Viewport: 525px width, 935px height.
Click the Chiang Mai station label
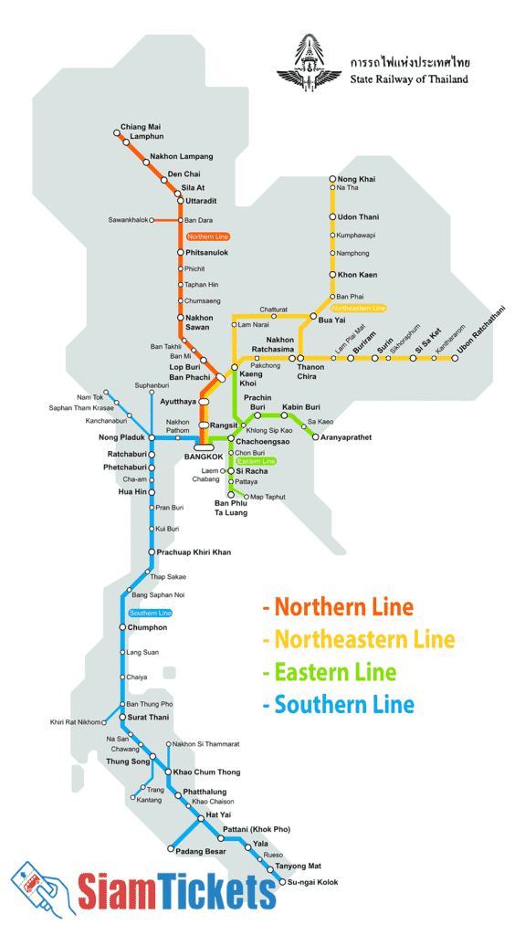[141, 127]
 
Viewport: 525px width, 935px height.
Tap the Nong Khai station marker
[332, 179]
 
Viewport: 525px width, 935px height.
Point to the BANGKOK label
[204, 456]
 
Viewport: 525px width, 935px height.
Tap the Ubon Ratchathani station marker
[456, 358]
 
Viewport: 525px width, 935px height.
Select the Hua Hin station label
[132, 491]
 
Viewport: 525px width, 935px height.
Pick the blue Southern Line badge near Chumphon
[149, 613]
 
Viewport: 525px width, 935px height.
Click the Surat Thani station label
[148, 717]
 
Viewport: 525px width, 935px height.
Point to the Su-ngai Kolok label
[313, 882]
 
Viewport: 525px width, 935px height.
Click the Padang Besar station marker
[170, 849]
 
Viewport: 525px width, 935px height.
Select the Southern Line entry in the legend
[338, 704]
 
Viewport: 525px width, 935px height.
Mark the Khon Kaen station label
[358, 275]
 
